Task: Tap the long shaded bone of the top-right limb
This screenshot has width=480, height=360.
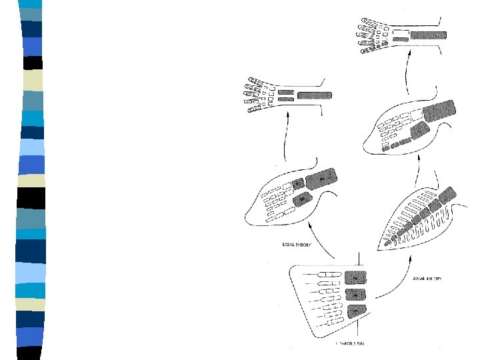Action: coord(429,34)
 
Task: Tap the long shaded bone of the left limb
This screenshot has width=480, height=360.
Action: coord(315,95)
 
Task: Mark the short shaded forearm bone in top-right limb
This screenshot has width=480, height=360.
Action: coord(400,41)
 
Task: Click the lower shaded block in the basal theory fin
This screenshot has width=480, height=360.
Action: coord(305,198)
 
